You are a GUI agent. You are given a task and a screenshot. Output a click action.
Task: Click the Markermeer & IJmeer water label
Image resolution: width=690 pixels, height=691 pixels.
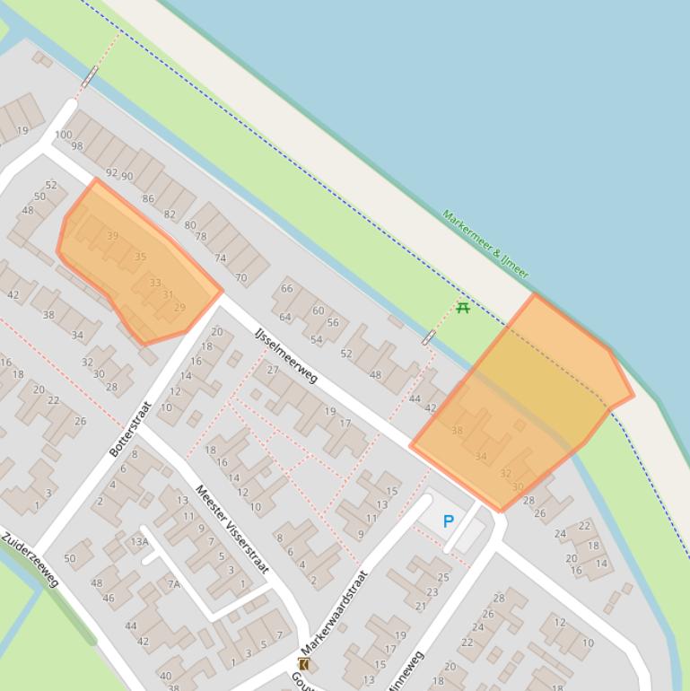coord(485,244)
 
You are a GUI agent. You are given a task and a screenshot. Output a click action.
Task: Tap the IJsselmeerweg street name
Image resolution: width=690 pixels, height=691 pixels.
coord(286,354)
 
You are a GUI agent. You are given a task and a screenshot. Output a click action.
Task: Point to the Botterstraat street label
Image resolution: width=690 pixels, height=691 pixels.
coord(130,429)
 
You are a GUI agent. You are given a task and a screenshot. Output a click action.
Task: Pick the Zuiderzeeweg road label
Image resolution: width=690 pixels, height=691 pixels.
coord(30,561)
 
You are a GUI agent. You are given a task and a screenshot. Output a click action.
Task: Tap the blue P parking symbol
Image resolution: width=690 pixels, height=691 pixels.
coord(449,521)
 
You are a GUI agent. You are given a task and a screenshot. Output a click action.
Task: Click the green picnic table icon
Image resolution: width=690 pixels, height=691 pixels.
coord(463,308)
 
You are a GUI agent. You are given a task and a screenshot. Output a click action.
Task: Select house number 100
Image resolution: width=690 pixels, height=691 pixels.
coord(63,136)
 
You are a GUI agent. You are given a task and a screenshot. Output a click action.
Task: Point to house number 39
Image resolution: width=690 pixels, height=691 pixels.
coord(112,236)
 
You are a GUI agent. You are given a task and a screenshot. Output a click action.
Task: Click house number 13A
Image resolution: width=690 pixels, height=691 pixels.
coord(139,541)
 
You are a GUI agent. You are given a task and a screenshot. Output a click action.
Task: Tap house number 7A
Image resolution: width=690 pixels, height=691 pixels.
coord(173,584)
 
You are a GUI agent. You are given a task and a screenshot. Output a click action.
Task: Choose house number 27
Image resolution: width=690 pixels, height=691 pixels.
coord(273,370)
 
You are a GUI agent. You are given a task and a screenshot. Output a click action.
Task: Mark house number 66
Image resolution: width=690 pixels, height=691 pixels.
coord(287,288)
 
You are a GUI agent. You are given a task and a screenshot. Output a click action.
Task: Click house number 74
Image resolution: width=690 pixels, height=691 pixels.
coord(220,258)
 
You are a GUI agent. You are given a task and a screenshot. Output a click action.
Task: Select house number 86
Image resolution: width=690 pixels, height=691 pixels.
coord(148,199)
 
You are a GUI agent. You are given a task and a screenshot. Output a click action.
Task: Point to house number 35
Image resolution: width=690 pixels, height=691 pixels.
coord(140,257)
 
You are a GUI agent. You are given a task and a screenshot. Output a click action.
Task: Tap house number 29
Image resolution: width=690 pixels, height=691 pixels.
coord(179,308)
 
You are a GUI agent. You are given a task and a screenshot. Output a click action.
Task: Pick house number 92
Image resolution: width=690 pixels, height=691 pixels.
coord(111,172)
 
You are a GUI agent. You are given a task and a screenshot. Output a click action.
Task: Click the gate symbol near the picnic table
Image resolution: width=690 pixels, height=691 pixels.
coord(429,337)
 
